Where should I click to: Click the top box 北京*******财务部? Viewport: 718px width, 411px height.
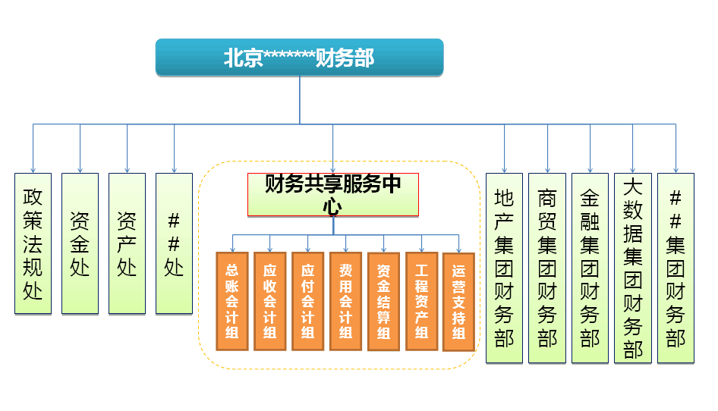point(299,58)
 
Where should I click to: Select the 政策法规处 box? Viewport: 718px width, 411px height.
point(33,243)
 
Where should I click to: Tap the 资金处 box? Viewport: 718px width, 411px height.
point(80,243)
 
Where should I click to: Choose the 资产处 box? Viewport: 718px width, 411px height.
point(127,243)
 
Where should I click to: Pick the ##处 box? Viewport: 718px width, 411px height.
point(174,243)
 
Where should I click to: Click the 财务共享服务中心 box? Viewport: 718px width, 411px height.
point(333,195)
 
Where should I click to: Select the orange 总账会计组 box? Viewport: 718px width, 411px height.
point(232,301)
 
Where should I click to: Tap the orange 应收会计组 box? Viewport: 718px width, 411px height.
point(270,301)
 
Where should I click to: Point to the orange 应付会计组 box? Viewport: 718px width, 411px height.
point(308,301)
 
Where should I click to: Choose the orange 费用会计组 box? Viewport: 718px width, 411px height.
point(346,301)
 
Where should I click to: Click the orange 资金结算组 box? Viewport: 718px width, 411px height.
point(384,301)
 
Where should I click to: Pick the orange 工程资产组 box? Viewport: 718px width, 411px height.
point(422,301)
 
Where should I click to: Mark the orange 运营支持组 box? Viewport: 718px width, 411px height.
point(458,301)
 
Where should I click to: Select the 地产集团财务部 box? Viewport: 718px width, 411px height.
point(504,268)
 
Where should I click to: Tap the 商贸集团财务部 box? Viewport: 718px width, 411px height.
point(547,268)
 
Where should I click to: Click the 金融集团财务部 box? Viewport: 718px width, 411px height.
point(590,268)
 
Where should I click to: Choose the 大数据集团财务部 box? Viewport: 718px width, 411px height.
point(633,268)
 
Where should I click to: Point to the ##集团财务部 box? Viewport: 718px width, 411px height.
point(675,268)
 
